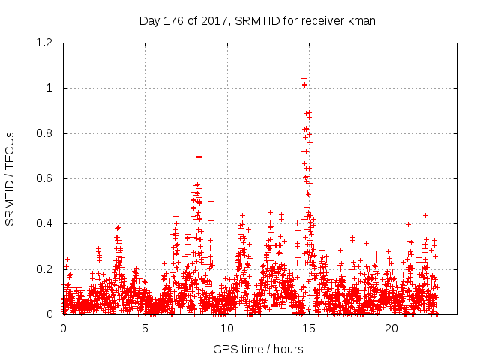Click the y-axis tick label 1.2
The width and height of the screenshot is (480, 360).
click(x=46, y=43)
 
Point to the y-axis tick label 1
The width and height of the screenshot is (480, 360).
click(x=52, y=88)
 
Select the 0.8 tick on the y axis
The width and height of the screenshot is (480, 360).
click(x=46, y=133)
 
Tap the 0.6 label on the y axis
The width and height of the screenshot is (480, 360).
click(x=46, y=178)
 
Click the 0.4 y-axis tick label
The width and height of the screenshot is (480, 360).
click(x=46, y=223)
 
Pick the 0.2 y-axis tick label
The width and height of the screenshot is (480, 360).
click(x=46, y=269)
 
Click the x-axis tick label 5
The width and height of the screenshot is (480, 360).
click(x=145, y=328)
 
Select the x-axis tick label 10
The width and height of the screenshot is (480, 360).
click(x=227, y=328)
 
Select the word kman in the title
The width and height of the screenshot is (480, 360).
click(x=361, y=20)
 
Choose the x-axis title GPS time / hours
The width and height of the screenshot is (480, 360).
click(x=258, y=349)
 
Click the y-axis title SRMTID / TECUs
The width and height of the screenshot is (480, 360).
click(x=10, y=178)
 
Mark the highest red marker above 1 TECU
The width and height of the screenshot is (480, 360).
click(x=304, y=78)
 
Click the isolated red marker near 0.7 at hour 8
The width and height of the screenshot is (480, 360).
click(x=199, y=157)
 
